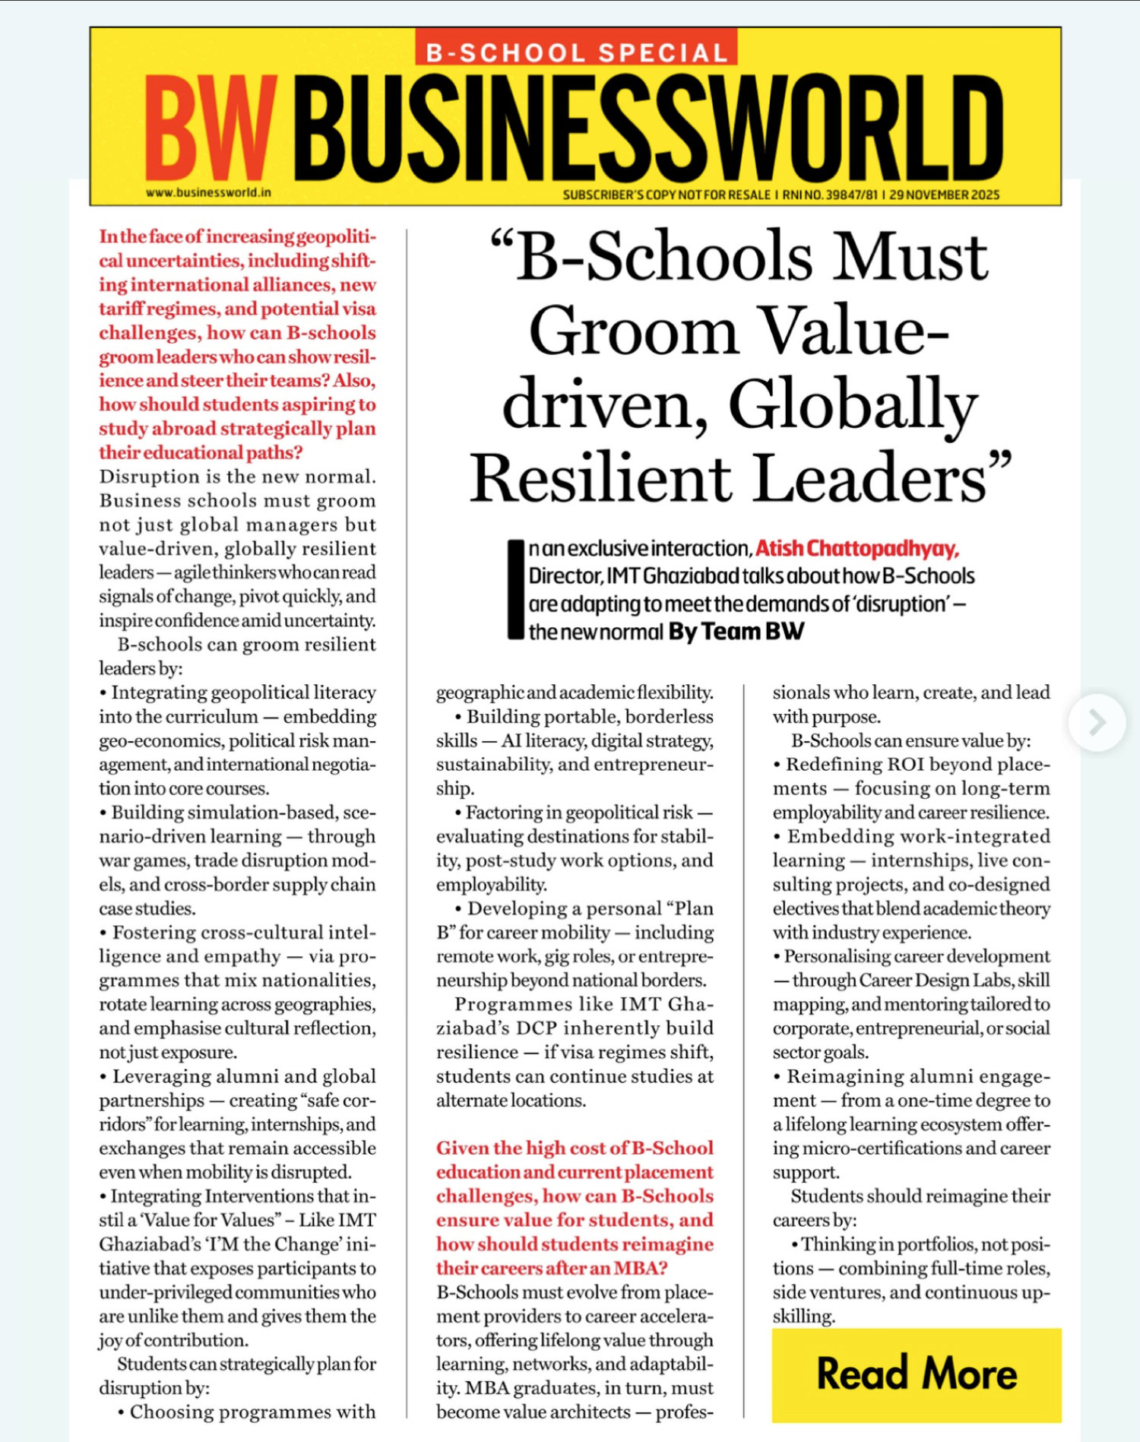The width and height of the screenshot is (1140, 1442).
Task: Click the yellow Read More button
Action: (x=916, y=1374)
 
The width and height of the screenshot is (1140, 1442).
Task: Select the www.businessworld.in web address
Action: (x=208, y=193)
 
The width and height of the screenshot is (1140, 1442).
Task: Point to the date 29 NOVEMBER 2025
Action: (x=944, y=195)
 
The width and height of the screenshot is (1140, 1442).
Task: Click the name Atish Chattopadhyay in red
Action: (x=857, y=549)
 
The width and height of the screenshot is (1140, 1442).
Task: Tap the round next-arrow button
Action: (x=1097, y=722)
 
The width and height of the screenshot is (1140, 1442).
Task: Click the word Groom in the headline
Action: (x=634, y=331)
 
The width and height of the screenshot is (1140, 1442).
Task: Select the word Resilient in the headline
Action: (x=600, y=479)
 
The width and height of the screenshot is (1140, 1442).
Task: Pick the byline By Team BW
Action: (x=736, y=632)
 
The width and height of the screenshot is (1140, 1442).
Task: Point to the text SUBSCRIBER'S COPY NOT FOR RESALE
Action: (x=667, y=195)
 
